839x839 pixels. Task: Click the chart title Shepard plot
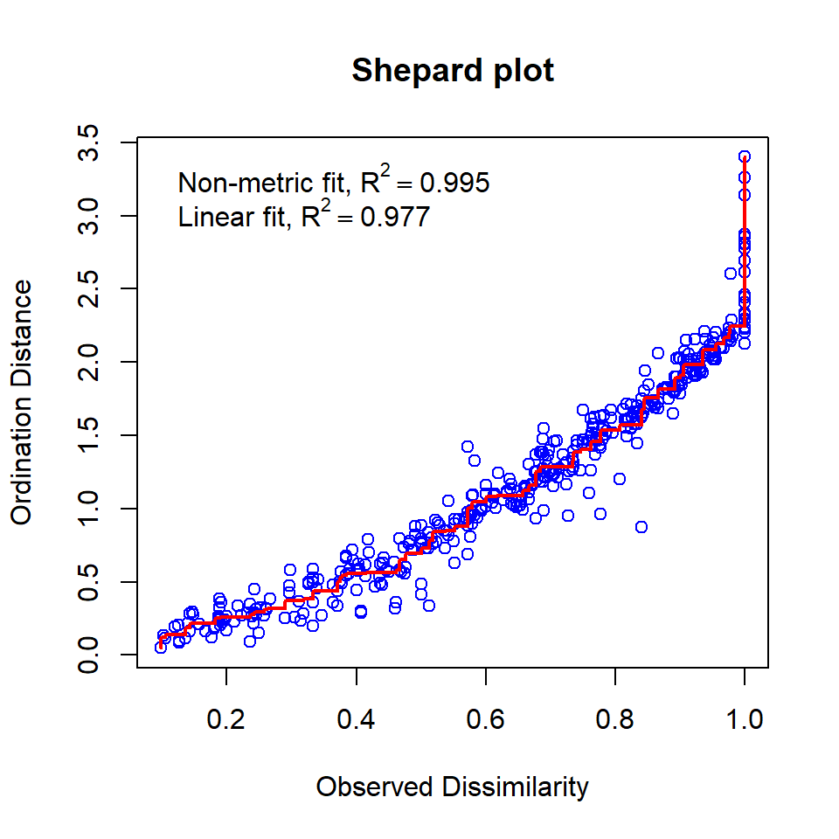click(x=453, y=71)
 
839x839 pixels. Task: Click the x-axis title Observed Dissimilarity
click(x=452, y=787)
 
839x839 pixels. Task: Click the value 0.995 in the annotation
click(x=454, y=184)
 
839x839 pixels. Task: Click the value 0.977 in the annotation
click(x=394, y=217)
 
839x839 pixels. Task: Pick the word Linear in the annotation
click(x=206, y=217)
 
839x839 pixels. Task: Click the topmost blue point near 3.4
click(x=744, y=156)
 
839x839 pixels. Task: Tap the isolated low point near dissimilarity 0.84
click(x=641, y=527)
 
